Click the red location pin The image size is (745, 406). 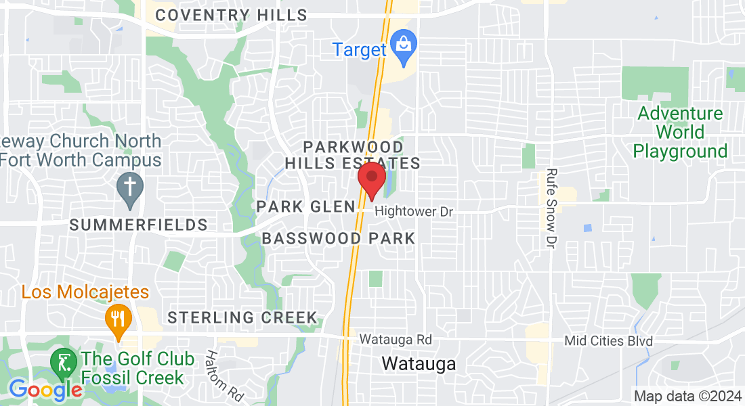(371, 179)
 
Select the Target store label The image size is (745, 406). (359, 49)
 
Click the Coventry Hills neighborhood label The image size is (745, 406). (231, 15)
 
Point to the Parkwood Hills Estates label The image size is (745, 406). (353, 155)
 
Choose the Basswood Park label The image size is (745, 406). (338, 238)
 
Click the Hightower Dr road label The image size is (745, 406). (413, 212)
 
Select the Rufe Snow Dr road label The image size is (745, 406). (551, 207)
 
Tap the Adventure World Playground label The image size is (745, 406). (680, 132)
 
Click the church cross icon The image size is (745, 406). (129, 185)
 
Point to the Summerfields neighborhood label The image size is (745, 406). (138, 225)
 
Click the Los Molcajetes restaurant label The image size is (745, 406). (85, 292)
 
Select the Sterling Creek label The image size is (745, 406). (242, 317)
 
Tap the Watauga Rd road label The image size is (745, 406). (396, 339)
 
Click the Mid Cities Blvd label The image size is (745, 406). (609, 341)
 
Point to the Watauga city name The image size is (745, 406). (419, 363)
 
